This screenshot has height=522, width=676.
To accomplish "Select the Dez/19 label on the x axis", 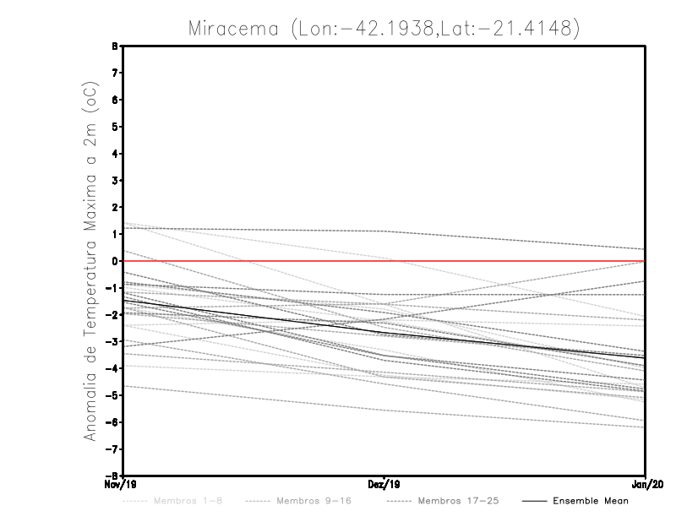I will pyautogui.click(x=384, y=485).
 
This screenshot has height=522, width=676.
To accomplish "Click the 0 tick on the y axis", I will pyautogui.click(x=115, y=261).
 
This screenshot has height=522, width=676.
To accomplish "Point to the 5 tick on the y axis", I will pyautogui.click(x=115, y=127).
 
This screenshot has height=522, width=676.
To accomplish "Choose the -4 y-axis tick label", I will pyautogui.click(x=112, y=368).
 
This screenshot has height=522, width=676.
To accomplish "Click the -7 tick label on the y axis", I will pyautogui.click(x=112, y=449).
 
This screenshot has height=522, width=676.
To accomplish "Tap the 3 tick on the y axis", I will pyautogui.click(x=115, y=181).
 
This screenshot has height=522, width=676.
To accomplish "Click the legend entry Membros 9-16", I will pyautogui.click(x=313, y=501).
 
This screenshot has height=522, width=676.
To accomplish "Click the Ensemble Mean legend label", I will pyautogui.click(x=591, y=501).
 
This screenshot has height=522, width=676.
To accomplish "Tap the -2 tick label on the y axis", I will pyautogui.click(x=112, y=314).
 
